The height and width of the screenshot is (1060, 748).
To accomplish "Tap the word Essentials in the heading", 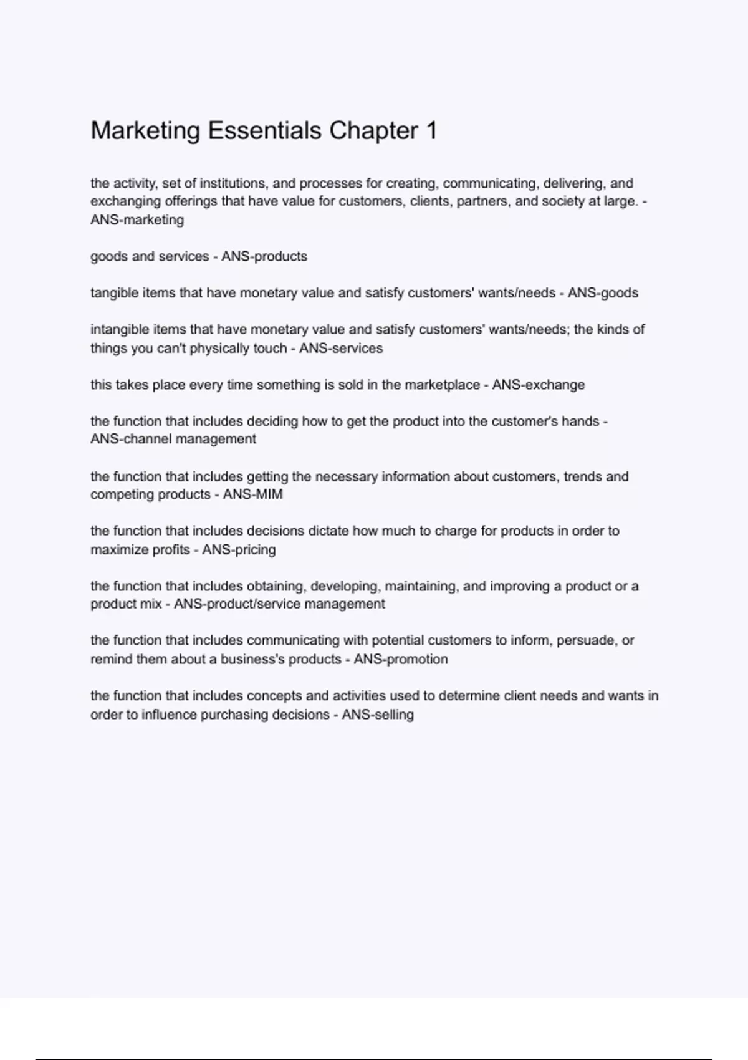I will pos(264,131).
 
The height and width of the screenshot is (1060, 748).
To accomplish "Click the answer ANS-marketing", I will pos(137,220).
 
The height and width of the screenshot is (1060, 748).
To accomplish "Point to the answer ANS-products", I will pos(264,256).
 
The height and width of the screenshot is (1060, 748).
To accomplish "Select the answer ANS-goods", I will pos(603,293).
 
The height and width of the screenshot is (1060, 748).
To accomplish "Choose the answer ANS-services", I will pos(341,348).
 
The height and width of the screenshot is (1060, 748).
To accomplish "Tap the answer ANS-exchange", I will pos(539,385).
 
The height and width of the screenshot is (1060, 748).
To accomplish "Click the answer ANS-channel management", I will pos(173,439).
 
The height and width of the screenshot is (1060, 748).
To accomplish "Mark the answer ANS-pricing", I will pos(239,549).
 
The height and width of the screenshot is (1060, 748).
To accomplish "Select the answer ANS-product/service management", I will pos(279,604).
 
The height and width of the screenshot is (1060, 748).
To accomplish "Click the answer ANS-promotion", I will pos(401,659).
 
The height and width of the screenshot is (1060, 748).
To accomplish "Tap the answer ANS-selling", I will pos(378,715).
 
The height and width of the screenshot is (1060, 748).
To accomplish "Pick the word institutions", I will pos(233,183).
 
